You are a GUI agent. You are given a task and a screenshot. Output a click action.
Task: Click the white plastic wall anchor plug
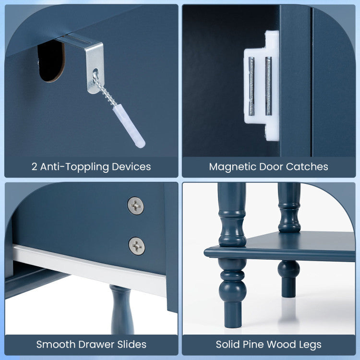pyautogui.click(x=129, y=126)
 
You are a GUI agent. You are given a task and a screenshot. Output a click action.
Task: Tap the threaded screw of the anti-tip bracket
pyautogui.click(x=104, y=89)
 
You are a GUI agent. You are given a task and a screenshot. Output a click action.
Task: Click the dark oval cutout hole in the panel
pyautogui.click(x=51, y=61)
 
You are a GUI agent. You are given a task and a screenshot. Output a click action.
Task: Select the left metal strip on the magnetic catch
pyautogui.click(x=251, y=86)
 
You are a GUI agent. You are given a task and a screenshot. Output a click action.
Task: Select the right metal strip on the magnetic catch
pyautogui.click(x=268, y=86)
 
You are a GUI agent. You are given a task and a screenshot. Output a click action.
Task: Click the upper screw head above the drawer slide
pyautogui.click(x=136, y=206)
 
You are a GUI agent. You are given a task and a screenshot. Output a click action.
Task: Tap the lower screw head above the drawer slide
pyautogui.click(x=137, y=246)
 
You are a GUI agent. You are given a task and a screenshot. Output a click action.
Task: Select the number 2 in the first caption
pyautogui.click(x=35, y=167)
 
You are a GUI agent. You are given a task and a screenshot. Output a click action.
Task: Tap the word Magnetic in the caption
pyautogui.click(x=233, y=167)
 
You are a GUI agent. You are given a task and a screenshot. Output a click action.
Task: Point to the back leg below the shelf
pyautogui.click(x=289, y=279)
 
